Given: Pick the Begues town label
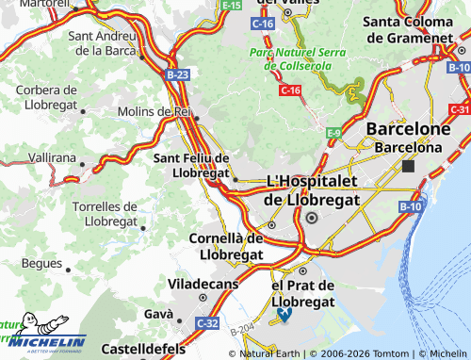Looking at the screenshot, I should click(x=40, y=264).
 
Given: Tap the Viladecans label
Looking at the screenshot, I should click(x=203, y=282).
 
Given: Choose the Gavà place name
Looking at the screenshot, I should click(x=158, y=313).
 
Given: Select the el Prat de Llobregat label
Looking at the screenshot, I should click(x=302, y=293).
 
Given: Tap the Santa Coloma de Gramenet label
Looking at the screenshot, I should click(x=415, y=29).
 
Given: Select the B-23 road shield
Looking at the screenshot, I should click(x=177, y=74).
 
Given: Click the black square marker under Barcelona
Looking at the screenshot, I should click(x=408, y=166).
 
